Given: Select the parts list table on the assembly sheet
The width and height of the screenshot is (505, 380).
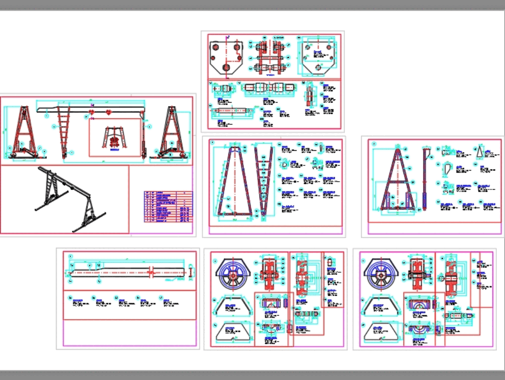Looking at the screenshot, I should [168, 206].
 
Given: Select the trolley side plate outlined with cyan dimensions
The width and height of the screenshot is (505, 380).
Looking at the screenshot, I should [318, 57].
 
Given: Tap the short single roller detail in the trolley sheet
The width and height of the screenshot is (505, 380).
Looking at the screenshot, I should [222, 89].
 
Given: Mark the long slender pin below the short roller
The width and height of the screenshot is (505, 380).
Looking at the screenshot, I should [232, 109].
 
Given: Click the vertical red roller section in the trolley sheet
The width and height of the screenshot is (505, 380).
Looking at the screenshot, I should [309, 96].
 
